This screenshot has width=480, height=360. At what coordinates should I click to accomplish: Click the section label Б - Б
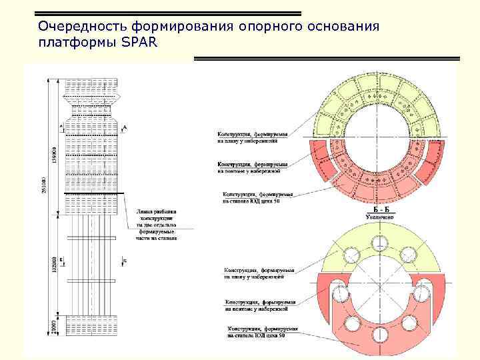click(x=382, y=209)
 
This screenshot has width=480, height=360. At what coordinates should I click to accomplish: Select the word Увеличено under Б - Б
click(x=382, y=217)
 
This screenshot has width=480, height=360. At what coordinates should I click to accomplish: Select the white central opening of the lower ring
click(x=381, y=287)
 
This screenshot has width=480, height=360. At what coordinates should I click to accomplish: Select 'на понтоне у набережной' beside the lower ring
click(x=256, y=309)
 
